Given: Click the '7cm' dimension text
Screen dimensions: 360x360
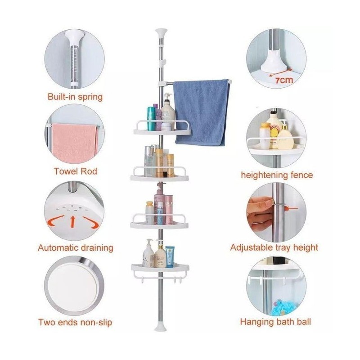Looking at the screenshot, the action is [284, 80].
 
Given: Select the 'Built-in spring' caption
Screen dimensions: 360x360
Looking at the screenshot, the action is [75, 97].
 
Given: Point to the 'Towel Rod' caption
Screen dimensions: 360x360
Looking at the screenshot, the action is [75, 171].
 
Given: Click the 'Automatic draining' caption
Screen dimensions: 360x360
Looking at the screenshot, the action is [76, 248].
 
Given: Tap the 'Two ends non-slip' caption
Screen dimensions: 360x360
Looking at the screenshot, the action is [75, 322].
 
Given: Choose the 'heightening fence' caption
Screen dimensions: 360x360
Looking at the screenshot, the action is [277, 175].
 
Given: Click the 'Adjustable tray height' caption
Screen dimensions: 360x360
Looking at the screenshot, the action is [274, 247].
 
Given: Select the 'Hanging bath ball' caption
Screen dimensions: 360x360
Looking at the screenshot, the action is [275, 322].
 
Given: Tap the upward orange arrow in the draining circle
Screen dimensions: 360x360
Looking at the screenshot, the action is [73, 221].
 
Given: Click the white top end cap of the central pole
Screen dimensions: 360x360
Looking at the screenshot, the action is [161, 32].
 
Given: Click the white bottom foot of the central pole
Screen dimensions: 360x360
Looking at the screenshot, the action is [161, 328].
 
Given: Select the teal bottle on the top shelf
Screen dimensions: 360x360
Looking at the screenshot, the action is [151, 118].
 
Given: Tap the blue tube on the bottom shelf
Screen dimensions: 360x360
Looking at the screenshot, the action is [170, 256].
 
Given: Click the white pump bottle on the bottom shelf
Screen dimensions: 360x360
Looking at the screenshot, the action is [148, 253].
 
